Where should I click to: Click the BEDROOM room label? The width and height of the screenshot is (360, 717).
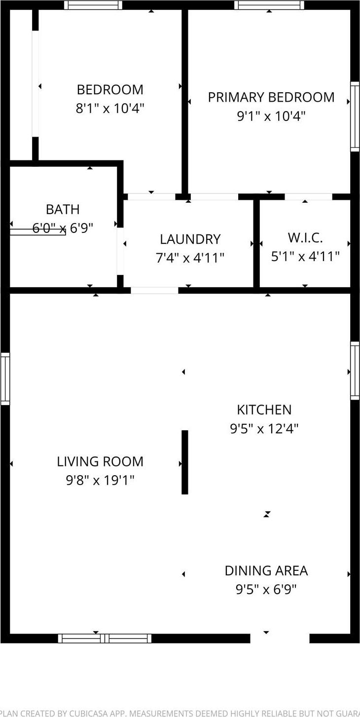[x=110, y=90]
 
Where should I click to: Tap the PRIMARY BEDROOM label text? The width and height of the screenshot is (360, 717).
[x=271, y=97]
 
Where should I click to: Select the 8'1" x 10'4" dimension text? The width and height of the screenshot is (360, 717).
[x=109, y=108]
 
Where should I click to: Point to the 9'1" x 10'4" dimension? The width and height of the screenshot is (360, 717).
[x=271, y=116]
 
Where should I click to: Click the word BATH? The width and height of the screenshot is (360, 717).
[x=63, y=209]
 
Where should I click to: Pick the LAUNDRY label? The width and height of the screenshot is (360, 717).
[x=190, y=239]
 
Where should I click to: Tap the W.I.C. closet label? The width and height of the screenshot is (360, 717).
[x=305, y=238]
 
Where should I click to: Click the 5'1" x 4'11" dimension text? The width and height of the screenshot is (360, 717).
[x=305, y=257]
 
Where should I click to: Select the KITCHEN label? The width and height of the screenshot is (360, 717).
[x=264, y=410]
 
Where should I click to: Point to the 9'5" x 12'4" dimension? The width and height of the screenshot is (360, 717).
[x=264, y=428]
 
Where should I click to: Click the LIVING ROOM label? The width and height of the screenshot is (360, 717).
[x=100, y=462]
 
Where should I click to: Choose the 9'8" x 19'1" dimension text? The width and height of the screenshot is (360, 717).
[x=100, y=480]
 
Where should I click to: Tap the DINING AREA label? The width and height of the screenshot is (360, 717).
[x=266, y=571]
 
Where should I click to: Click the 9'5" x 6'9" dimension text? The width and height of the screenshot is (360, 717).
[x=266, y=589]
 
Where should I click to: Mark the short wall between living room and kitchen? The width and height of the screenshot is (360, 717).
[x=185, y=462]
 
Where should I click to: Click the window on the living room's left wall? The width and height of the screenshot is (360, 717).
[x=5, y=378]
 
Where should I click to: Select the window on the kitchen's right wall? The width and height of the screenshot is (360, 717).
[x=355, y=370]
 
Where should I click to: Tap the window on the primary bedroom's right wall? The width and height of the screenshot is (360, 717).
[x=355, y=116]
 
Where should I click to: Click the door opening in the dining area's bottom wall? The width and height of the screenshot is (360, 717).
[x=280, y=638]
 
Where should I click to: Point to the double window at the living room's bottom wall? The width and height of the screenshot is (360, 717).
[x=105, y=638]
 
